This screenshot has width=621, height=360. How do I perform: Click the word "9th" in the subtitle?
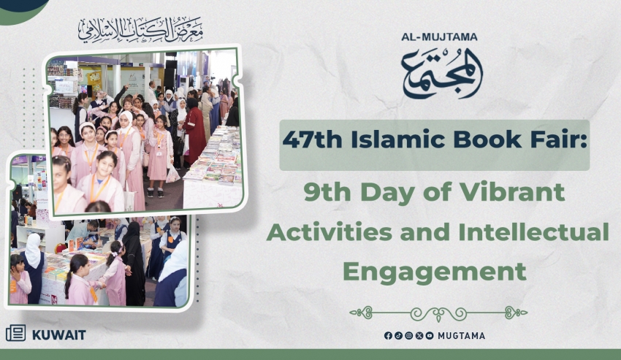(327, 192)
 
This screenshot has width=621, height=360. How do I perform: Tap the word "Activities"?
(329, 232)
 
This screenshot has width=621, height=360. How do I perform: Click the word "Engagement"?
(435, 272)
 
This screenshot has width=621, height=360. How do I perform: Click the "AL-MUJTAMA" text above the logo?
(439, 37)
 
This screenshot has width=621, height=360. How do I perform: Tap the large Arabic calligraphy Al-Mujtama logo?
(442, 74)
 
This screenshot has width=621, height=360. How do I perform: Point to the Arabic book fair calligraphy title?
(140, 30)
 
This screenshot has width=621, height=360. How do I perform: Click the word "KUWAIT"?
(59, 335)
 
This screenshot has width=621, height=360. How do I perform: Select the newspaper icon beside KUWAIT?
(16, 333)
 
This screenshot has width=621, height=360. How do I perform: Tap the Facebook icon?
(388, 336)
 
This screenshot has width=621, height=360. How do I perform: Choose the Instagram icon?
(408, 336)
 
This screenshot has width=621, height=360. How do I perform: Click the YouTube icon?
(430, 336)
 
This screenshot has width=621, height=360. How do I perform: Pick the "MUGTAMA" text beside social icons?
(462, 336)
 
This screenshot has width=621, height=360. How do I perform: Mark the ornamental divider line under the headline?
(438, 313)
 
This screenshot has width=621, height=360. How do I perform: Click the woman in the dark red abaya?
(195, 133)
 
